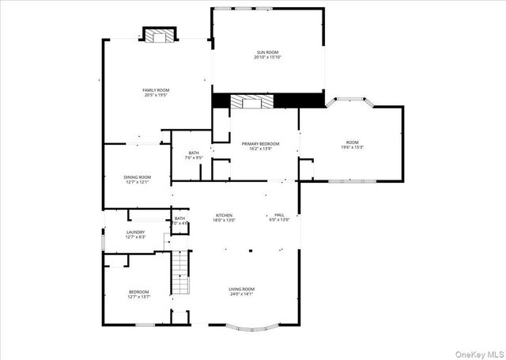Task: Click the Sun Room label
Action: click(268, 53)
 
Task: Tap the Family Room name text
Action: click(156, 90)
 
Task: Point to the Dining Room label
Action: click(137, 177)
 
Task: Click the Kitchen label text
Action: click(225, 215)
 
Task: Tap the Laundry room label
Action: click(136, 232)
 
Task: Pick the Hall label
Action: click(279, 214)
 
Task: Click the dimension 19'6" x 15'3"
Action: click(352, 148)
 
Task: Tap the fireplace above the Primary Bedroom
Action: click(252, 101)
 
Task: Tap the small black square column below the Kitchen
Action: click(250, 252)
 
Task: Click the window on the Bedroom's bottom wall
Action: click(145, 324)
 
